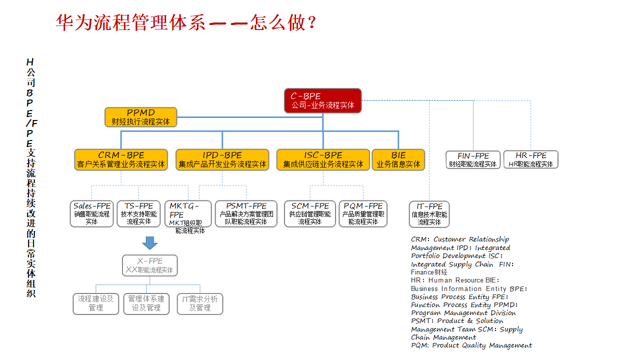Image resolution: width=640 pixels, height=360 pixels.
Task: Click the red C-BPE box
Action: (322, 100)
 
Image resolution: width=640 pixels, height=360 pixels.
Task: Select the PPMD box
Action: (141, 117)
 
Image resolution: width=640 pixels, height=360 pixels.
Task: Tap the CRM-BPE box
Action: (121, 160)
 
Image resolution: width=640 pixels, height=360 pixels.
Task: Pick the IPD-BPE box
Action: (222, 160)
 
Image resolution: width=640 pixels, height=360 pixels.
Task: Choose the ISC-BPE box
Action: (323, 160)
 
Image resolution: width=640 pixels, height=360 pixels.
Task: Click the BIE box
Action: (398, 160)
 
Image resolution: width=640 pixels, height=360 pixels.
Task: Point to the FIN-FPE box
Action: (473, 160)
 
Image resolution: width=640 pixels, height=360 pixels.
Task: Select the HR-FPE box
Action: (530, 160)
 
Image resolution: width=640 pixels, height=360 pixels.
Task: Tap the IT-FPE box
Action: (429, 214)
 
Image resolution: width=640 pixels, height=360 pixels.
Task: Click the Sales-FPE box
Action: (92, 213)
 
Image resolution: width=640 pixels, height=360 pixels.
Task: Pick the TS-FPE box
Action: (138, 213)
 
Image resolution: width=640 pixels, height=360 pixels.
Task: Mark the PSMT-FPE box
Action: (246, 213)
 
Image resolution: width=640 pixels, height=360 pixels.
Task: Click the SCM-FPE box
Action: (310, 213)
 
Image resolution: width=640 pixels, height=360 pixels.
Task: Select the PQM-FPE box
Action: (363, 213)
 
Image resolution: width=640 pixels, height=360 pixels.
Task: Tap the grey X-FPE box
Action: (150, 265)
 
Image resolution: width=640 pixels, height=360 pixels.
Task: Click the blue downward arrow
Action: (149, 243)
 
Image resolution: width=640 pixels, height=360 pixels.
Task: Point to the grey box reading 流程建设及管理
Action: (96, 303)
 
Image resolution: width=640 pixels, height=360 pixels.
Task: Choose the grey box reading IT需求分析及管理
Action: (200, 303)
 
